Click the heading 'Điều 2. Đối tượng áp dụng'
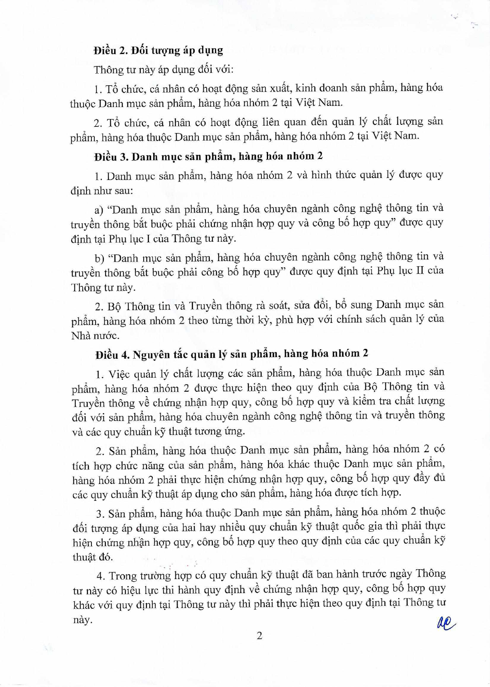point(158,51)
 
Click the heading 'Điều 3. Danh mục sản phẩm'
point(208,157)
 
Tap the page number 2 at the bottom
point(259,636)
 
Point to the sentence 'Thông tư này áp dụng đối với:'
point(163,69)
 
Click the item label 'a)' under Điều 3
point(99,210)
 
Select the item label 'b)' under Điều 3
point(99,258)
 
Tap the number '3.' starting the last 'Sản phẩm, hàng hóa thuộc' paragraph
point(100,514)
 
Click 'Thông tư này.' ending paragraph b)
point(103,287)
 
